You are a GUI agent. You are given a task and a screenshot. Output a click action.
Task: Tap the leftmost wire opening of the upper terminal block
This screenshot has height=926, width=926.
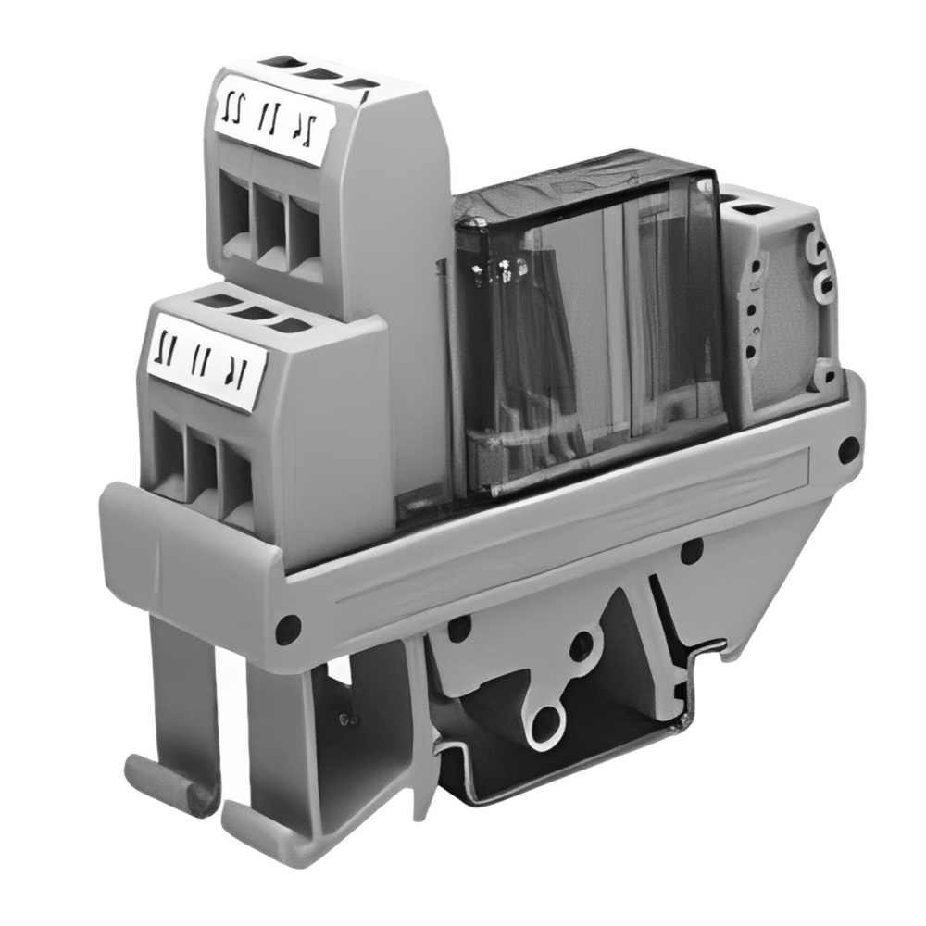click(237, 215)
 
